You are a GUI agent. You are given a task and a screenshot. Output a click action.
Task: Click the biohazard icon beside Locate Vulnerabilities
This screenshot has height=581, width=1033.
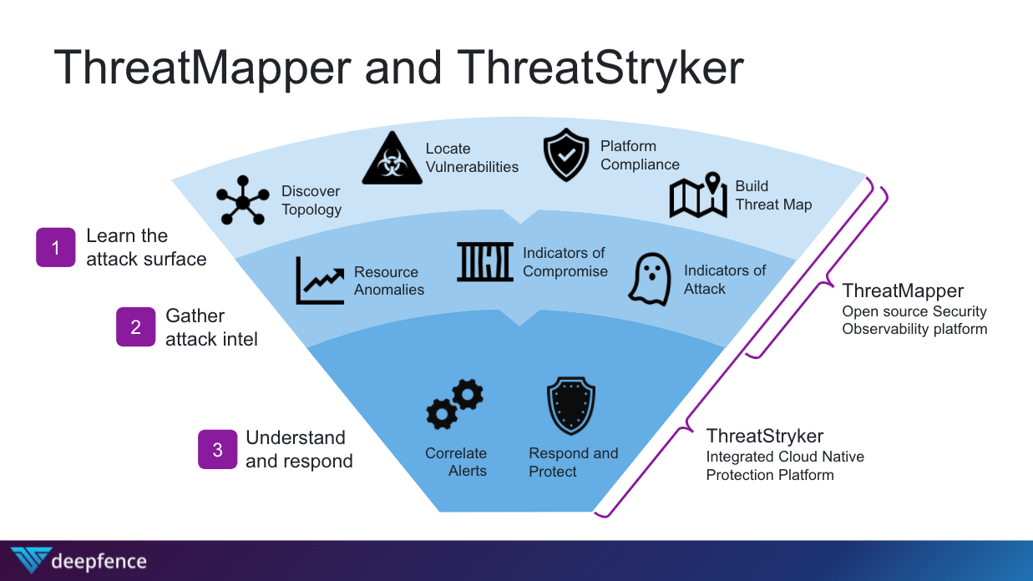[x=391, y=158]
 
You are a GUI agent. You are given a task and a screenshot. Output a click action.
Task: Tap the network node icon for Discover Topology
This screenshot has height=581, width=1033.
[x=242, y=200]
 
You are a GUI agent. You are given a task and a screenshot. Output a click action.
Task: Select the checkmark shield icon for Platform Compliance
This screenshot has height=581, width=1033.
[x=566, y=155]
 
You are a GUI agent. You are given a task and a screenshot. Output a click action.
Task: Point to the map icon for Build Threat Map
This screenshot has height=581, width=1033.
[x=699, y=195]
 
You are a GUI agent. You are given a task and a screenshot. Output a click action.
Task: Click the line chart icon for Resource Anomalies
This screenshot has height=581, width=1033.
[x=320, y=280]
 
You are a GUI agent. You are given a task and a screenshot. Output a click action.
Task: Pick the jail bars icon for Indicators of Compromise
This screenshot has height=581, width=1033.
[x=485, y=261]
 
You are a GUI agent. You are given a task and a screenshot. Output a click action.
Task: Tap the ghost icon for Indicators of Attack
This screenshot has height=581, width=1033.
[x=650, y=279]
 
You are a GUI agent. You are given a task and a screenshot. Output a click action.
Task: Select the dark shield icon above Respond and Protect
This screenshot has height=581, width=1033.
[x=570, y=406]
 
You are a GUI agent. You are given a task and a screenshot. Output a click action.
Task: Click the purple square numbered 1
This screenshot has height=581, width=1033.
[x=56, y=247]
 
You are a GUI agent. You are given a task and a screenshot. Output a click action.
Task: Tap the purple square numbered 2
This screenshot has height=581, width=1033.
[x=136, y=327]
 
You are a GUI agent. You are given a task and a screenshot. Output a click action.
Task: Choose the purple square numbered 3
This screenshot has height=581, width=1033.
[x=218, y=449]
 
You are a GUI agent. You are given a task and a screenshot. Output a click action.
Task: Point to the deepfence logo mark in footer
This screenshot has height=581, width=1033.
[x=30, y=560]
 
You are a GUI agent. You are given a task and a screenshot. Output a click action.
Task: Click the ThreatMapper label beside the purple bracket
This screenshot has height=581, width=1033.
[x=903, y=290]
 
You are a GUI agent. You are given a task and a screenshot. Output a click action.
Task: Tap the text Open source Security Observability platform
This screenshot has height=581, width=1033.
[x=914, y=320]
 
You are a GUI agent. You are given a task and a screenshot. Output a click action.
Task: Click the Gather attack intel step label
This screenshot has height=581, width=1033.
[x=211, y=327]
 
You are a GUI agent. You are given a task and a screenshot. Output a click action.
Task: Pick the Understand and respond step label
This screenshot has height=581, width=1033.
[x=299, y=449]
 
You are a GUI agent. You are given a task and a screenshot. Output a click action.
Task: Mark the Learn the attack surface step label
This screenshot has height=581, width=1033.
[x=146, y=247]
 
